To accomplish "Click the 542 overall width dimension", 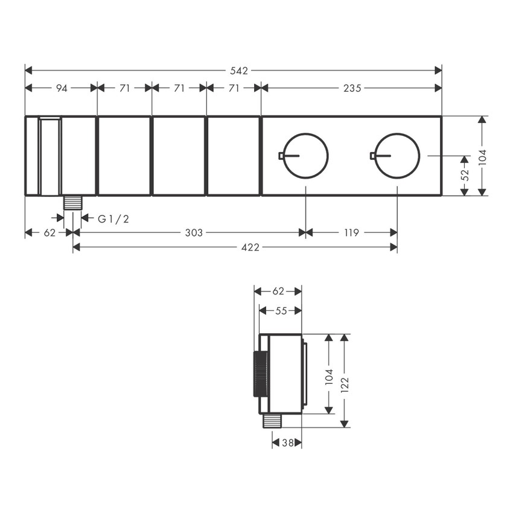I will point(239,71).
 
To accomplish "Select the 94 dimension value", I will point(61,88).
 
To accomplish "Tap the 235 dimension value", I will point(352,88).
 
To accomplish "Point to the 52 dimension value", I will point(464,175).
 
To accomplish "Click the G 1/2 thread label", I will point(113,218).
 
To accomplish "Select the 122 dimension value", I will point(344,381).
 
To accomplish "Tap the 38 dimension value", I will point(287,443).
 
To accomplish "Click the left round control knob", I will point(306,156).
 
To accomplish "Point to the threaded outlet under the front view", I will point(72,202).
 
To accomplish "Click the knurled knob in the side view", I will point(261,374).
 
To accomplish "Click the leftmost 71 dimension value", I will point(124,88).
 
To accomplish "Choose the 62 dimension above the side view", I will point(278,291).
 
